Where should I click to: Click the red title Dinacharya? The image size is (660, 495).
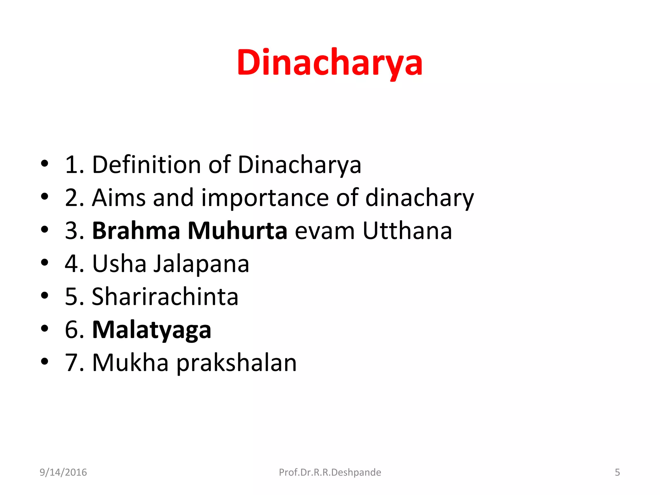(329, 63)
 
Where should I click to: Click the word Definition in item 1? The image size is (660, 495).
(147, 165)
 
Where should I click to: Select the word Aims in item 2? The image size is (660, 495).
(118, 198)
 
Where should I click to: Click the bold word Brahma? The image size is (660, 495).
(136, 231)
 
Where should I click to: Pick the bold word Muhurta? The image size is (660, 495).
(237, 231)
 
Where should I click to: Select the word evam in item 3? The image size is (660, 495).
(325, 231)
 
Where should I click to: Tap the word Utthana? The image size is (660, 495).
(407, 231)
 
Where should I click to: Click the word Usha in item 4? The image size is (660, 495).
(119, 264)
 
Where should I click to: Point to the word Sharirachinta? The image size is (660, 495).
(165, 296)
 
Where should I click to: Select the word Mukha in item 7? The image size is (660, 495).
(130, 363)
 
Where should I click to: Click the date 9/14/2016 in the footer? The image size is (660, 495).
(63, 472)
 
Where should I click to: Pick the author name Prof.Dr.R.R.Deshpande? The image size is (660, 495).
(330, 472)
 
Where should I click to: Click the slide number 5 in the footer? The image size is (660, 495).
(617, 472)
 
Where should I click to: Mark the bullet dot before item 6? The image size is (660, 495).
(44, 328)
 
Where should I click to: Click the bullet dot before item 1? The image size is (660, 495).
(44, 163)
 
